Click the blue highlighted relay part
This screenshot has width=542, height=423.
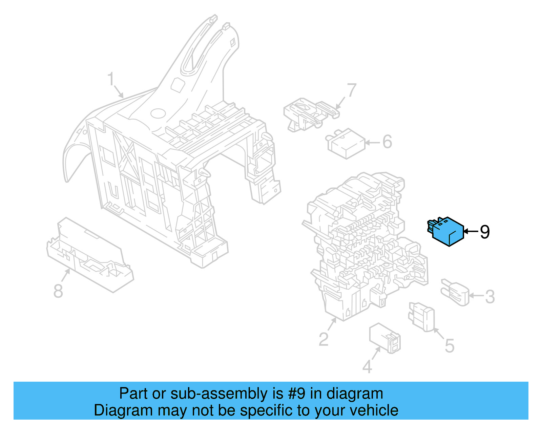click(446, 232)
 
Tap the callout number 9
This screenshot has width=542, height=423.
click(485, 232)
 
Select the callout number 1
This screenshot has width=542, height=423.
click(111, 79)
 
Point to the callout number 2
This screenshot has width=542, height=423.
click(324, 339)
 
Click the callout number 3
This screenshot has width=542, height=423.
click(490, 297)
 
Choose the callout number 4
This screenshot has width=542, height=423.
click(367, 367)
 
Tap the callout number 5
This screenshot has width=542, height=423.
click(450, 346)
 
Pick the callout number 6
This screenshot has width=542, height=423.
click(387, 142)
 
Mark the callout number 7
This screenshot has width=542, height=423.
click(352, 90)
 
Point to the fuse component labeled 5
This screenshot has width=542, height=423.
click(421, 317)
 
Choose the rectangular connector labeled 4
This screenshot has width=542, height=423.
click(385, 338)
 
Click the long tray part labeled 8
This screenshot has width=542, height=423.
click(90, 255)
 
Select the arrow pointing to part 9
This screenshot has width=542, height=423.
click(471, 232)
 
